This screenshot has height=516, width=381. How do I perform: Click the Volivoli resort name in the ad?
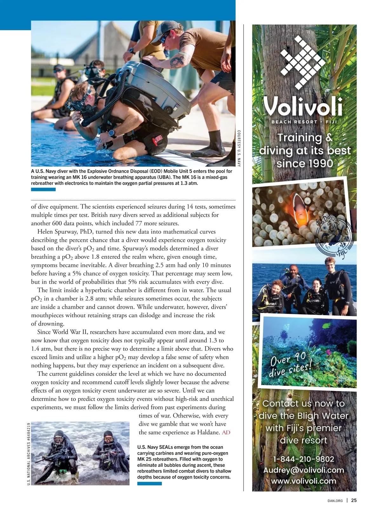[x=304, y=106]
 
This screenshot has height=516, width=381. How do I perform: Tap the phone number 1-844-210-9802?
[x=304, y=459]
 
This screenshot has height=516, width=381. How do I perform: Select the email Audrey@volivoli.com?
[x=304, y=470]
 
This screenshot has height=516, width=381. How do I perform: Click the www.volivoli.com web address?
[x=304, y=481]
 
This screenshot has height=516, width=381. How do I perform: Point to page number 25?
[x=354, y=500]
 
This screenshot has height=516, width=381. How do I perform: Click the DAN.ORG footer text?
[x=335, y=501]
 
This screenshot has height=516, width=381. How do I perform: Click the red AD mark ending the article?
[x=226, y=433]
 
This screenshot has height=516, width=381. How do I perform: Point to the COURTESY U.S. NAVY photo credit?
[x=239, y=148]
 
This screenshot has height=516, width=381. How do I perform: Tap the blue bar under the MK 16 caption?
[x=43, y=189]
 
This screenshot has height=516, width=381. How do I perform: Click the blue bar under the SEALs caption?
[x=149, y=484]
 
